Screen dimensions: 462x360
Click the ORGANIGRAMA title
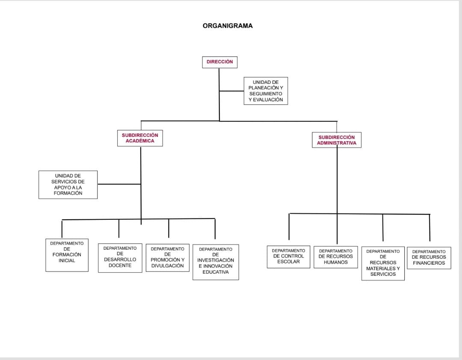point(228,26)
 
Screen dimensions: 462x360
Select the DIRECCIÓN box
point(219,62)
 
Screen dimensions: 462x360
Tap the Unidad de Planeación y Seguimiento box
point(266,91)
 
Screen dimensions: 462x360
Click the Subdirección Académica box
point(140,138)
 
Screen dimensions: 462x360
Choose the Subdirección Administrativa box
point(337,140)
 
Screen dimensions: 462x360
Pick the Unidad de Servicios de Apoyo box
point(68,185)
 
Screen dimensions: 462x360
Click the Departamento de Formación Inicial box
point(67,255)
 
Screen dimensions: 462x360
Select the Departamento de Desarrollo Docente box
point(120,258)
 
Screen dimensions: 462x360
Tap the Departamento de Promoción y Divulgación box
point(167,258)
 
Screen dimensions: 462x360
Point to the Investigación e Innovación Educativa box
point(216,262)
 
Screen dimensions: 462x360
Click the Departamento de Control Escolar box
point(288,257)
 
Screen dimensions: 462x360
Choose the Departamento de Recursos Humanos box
point(336,257)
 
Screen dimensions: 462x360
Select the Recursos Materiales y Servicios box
point(383,263)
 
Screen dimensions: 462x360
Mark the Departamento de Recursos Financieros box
point(429,258)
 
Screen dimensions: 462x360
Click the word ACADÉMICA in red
point(140,141)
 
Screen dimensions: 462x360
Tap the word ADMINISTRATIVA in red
point(337,143)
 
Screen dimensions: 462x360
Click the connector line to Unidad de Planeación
point(231,91)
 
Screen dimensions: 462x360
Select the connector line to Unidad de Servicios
point(119,184)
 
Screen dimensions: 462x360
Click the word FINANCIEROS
point(429,263)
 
